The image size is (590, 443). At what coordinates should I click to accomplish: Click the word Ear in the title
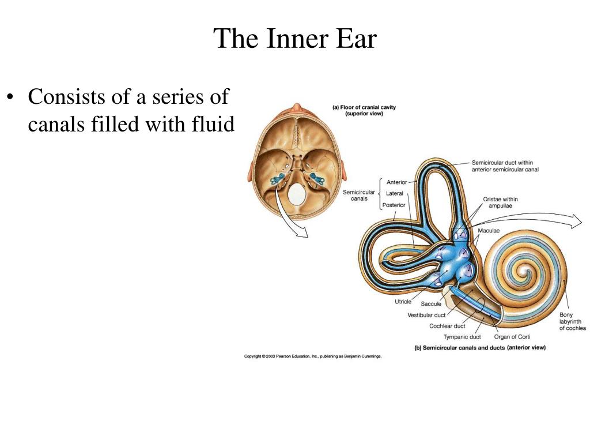tap(356, 39)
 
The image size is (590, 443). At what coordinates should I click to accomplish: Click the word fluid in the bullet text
tap(213, 124)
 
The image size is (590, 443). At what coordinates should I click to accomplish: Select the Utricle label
tap(403, 302)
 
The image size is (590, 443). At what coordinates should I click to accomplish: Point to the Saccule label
tap(431, 304)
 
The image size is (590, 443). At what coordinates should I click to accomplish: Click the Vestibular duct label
tap(426, 316)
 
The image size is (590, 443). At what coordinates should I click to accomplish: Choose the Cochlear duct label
tap(447, 326)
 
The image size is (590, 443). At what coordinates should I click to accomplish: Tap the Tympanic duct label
tap(462, 337)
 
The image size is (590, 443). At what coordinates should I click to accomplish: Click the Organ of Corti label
tap(512, 337)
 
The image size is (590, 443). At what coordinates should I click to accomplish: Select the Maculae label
tap(489, 231)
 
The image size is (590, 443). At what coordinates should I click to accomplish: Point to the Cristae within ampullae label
tap(500, 202)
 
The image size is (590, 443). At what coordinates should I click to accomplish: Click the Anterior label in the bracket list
tap(396, 182)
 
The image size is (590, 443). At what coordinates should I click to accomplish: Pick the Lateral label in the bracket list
tap(394, 194)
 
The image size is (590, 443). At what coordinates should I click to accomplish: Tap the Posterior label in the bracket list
tap(394, 205)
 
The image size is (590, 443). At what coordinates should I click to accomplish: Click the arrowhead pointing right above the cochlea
tap(576, 221)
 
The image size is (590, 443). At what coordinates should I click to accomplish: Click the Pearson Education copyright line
tap(313, 356)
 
